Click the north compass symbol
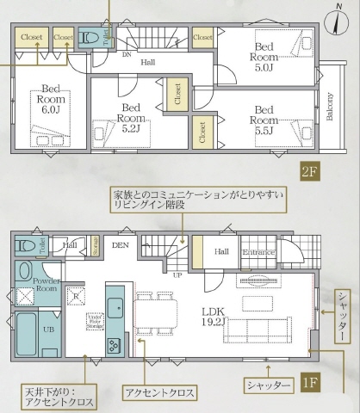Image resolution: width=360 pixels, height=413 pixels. (x=335, y=19)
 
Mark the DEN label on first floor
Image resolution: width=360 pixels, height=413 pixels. (x=120, y=244)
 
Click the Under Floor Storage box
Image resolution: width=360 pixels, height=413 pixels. (x=83, y=323)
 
